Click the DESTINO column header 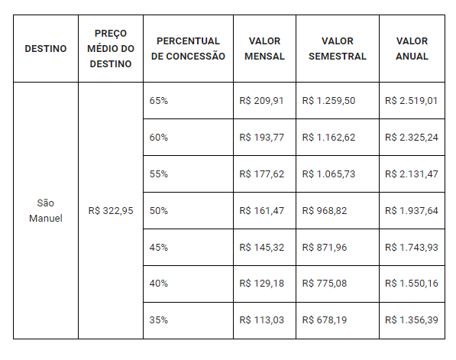[46, 49]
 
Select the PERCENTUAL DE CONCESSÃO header [188, 49]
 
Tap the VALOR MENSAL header [264, 49]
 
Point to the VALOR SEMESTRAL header [338, 49]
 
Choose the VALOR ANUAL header [412, 49]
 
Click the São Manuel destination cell [46, 210]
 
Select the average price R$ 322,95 [111, 210]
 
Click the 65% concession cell [159, 101]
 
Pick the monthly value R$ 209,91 [261, 101]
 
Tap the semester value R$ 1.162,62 [328, 138]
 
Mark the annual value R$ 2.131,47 [412, 174]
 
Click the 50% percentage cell [159, 211]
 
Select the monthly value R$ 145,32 [261, 248]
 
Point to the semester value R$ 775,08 [325, 284]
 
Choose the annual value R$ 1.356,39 [412, 320]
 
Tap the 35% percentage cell [159, 320]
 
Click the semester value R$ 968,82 [325, 211]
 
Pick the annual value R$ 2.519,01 [411, 101]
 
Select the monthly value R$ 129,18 [261, 284]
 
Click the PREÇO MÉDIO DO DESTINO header [111, 49]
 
